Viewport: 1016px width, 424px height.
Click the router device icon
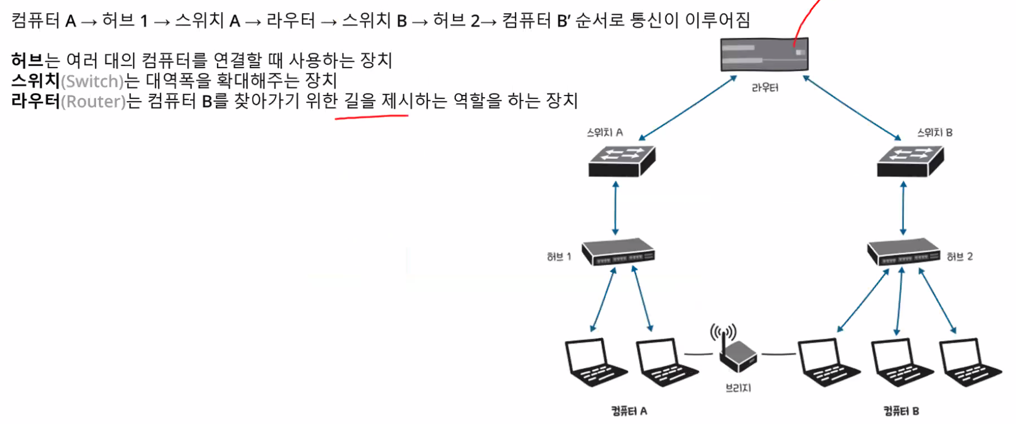(764, 54)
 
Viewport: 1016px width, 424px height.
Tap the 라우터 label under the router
(764, 88)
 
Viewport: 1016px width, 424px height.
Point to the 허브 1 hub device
(618, 252)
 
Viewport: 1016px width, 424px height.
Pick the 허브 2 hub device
(903, 252)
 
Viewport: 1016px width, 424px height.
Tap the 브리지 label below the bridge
(738, 388)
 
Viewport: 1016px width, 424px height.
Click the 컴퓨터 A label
(629, 411)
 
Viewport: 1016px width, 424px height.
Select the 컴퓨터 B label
(901, 411)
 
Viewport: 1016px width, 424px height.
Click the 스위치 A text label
(605, 132)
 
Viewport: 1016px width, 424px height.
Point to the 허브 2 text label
(959, 256)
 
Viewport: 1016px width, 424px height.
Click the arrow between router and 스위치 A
(688, 108)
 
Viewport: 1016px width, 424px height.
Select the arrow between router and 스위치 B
(852, 108)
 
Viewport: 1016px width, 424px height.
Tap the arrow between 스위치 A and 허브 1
(616, 209)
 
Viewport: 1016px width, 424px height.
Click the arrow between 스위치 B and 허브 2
(903, 209)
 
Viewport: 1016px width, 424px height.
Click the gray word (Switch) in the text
(92, 81)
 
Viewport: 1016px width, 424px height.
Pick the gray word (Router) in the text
(93, 102)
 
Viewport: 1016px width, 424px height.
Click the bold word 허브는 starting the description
(35, 60)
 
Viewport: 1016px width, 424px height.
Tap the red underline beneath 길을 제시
(371, 116)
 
